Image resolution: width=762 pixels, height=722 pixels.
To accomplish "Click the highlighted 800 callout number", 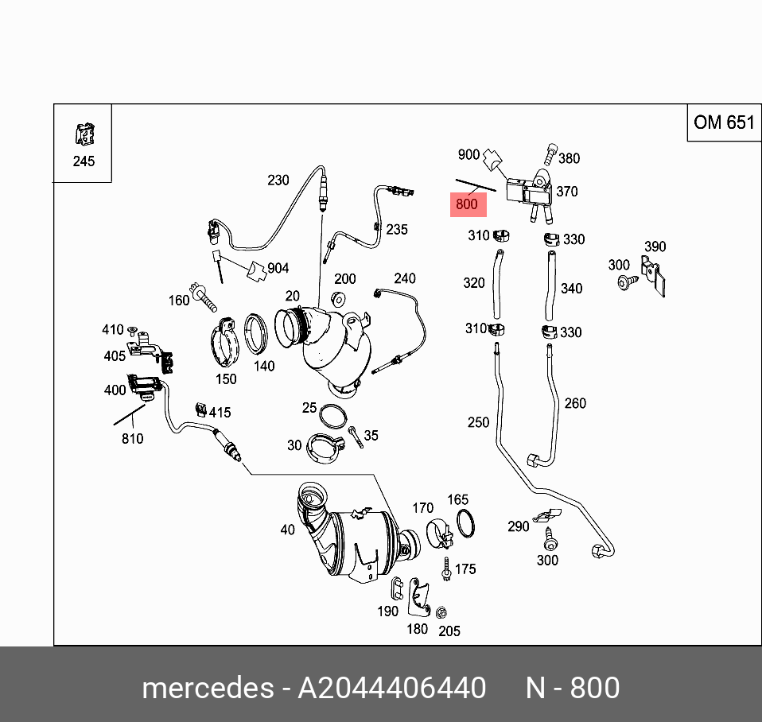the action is pyautogui.click(x=467, y=204).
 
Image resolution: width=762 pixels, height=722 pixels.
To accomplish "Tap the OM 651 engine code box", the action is pyautogui.click(x=723, y=122).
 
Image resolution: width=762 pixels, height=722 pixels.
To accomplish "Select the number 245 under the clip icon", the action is pyautogui.click(x=84, y=161).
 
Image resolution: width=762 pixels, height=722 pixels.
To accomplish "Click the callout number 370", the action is pyautogui.click(x=567, y=192).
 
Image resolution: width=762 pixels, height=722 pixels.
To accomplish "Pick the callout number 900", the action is pyautogui.click(x=468, y=154).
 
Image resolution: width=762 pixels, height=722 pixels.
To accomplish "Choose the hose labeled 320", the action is pyautogui.click(x=496, y=283).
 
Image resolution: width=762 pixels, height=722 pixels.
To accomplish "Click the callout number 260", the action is pyautogui.click(x=575, y=403).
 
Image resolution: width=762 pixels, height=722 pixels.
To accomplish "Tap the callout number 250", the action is pyautogui.click(x=478, y=422).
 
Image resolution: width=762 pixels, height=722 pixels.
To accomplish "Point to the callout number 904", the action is pyautogui.click(x=278, y=269).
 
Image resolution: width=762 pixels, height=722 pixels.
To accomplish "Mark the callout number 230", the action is pyautogui.click(x=278, y=180).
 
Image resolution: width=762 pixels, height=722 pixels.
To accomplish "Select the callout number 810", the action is pyautogui.click(x=132, y=439).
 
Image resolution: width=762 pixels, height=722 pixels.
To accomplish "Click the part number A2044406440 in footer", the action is pyautogui.click(x=391, y=688).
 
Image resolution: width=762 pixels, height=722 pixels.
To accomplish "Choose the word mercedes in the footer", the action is pyautogui.click(x=207, y=688).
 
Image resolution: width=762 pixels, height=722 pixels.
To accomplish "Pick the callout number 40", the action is pyautogui.click(x=287, y=530).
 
